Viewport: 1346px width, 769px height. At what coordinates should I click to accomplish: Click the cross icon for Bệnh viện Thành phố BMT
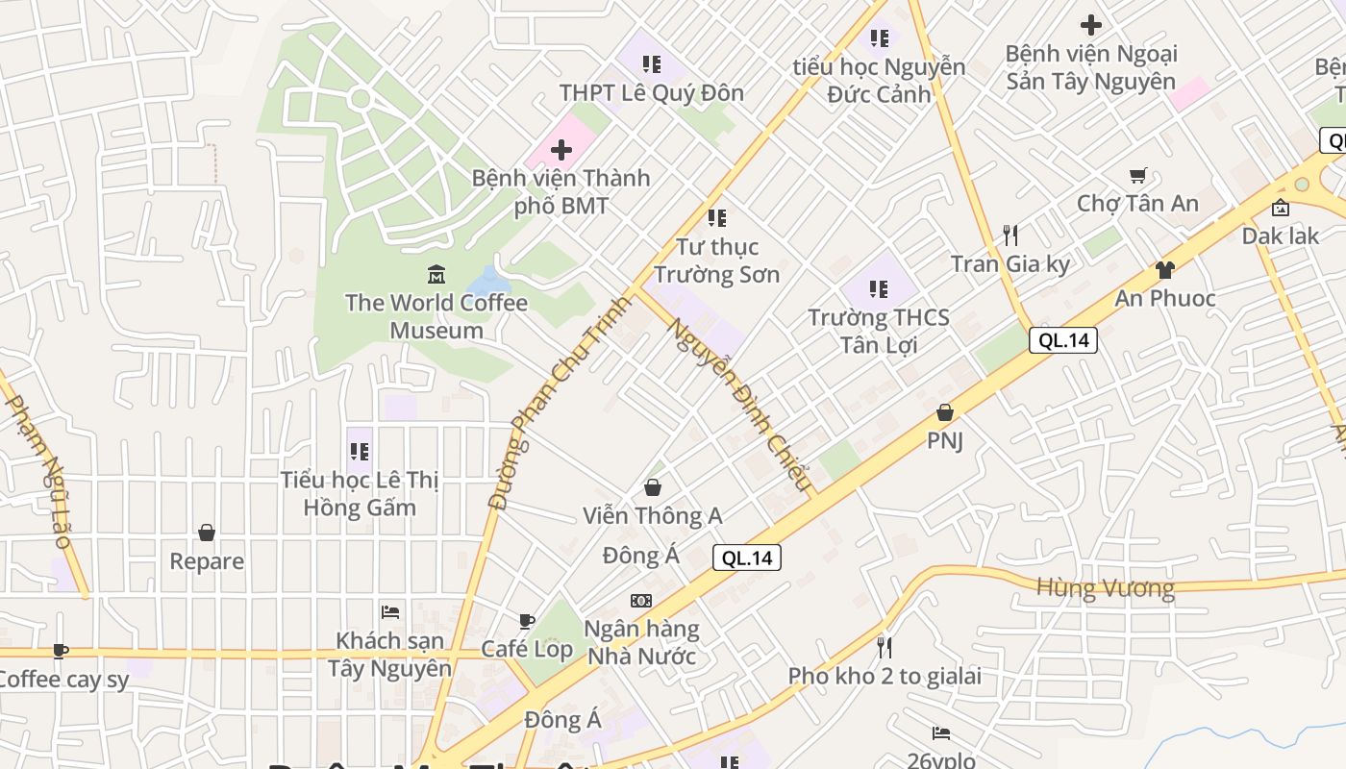tap(561, 150)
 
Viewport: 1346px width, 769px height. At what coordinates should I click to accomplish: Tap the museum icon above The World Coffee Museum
tap(436, 275)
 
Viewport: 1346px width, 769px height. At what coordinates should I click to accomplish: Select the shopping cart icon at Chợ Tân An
tap(1138, 175)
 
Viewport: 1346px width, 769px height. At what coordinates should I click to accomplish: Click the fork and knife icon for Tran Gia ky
tap(1009, 236)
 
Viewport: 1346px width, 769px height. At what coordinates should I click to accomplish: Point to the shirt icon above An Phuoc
tap(1164, 270)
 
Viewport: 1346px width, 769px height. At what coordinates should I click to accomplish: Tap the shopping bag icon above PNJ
tap(945, 412)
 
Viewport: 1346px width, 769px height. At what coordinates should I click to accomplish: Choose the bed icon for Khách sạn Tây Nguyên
tap(390, 611)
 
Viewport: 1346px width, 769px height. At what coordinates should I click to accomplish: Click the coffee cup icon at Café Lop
tap(526, 621)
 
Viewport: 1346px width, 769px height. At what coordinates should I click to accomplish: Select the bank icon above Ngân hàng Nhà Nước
tap(641, 601)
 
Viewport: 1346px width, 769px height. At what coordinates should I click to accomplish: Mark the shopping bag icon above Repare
tap(207, 533)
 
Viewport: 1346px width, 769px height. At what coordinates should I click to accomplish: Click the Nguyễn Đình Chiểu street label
tap(741, 404)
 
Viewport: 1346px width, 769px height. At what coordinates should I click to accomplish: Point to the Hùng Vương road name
tap(1105, 587)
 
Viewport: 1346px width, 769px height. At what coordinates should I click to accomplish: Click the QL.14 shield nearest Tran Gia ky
tap(1063, 339)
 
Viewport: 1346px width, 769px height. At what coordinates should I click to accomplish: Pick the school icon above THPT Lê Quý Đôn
tap(652, 64)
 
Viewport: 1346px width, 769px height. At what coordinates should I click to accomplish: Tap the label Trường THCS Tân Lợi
tap(878, 331)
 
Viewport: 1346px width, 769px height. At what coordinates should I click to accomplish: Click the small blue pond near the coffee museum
tap(488, 283)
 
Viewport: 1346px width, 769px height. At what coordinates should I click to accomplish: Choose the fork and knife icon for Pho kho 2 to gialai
tap(884, 647)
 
